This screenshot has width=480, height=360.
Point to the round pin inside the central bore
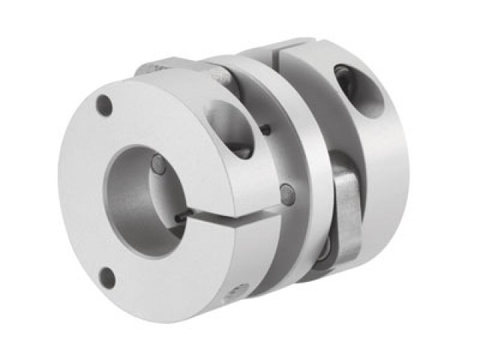(159, 164)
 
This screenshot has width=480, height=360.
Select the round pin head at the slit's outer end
(287, 194)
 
